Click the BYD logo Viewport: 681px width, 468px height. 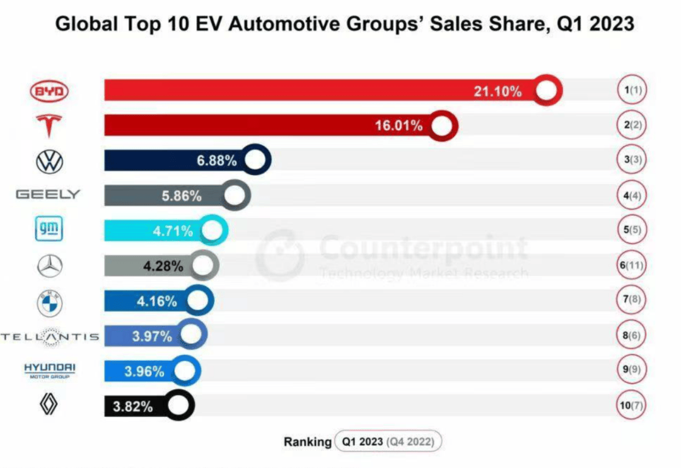(x=49, y=92)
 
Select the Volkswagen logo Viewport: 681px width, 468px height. (x=50, y=161)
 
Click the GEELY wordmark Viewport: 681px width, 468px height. (x=49, y=195)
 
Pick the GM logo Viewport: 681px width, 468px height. (x=49, y=230)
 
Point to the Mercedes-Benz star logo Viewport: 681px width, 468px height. (x=50, y=266)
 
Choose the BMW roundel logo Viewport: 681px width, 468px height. (x=50, y=302)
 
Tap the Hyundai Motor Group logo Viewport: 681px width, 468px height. (x=49, y=370)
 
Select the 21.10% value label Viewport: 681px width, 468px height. (x=498, y=91)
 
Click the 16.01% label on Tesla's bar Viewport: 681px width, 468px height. (x=399, y=125)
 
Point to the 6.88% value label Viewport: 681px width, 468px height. (x=216, y=161)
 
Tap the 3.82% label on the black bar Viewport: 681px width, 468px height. (x=132, y=406)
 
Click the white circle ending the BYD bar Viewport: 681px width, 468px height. (x=547, y=91)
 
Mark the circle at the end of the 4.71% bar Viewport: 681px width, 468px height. (x=212, y=231)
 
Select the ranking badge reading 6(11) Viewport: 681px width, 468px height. (x=631, y=265)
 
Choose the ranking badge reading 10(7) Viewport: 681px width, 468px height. (x=631, y=406)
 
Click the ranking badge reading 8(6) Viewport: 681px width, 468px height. (x=631, y=335)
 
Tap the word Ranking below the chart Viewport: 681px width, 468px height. (x=307, y=442)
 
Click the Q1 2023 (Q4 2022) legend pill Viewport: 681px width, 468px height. (x=388, y=442)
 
